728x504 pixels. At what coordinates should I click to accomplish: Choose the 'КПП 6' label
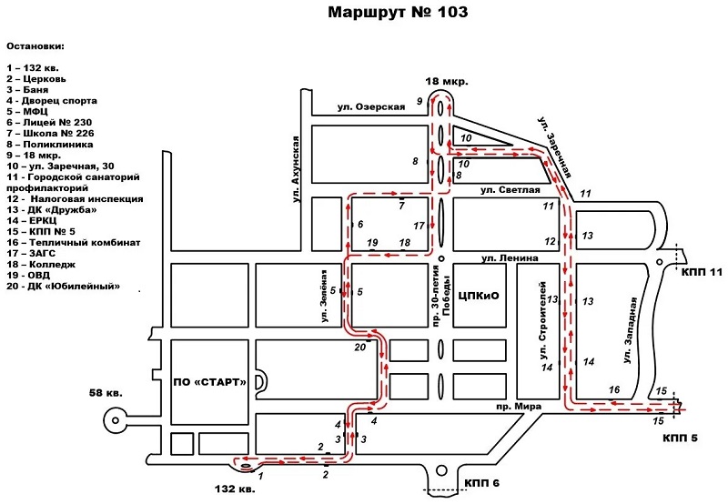(482, 483)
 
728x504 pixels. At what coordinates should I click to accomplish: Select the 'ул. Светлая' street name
(510, 189)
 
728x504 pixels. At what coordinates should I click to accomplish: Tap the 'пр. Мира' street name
(514, 406)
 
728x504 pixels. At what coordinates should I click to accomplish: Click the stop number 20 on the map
(359, 347)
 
